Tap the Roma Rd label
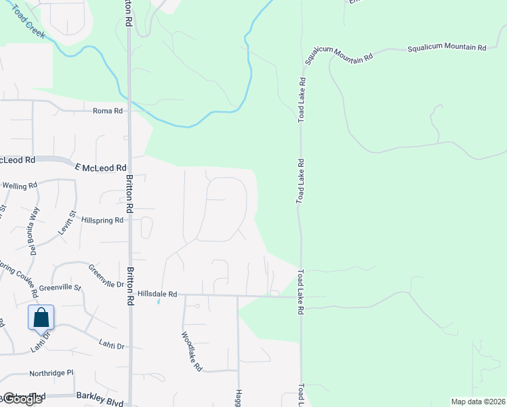click(x=108, y=111)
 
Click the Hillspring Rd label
click(x=102, y=220)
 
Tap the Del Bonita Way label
click(x=31, y=231)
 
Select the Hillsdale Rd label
click(x=157, y=294)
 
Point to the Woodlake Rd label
click(x=192, y=351)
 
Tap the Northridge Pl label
click(x=51, y=373)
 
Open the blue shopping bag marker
click(x=41, y=317)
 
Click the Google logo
click(x=22, y=399)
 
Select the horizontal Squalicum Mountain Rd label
click(x=446, y=48)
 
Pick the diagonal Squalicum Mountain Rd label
click(x=339, y=57)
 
